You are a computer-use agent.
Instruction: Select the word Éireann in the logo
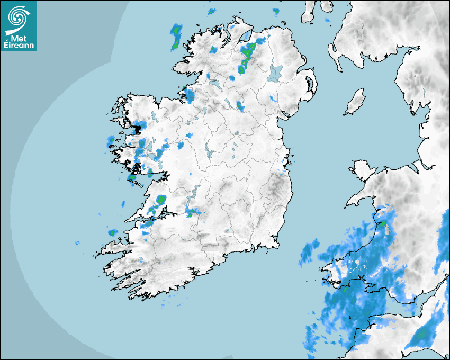point(19,46)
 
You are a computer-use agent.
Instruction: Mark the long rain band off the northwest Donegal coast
point(176,37)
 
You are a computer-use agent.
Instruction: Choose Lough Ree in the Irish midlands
point(210,153)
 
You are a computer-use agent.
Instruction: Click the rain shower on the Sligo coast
point(188,96)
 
